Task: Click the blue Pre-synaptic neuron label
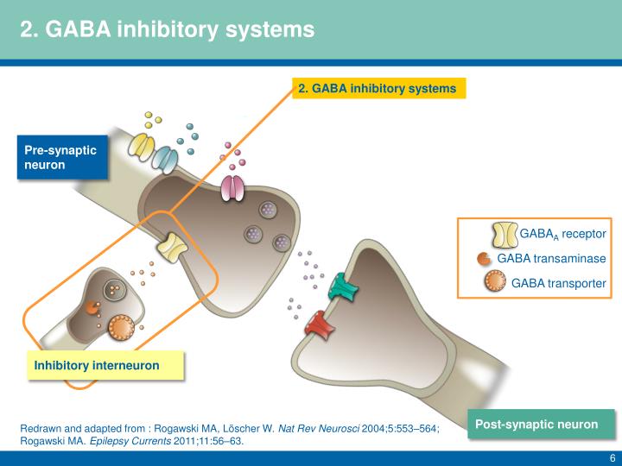pos(62,157)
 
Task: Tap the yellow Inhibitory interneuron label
pos(105,365)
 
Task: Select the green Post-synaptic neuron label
pos(541,425)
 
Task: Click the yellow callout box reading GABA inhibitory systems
pos(379,88)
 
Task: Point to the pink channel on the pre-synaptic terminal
pos(233,188)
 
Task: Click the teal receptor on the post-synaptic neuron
pos(343,287)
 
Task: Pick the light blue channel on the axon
pos(165,160)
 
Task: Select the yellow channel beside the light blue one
pos(141,147)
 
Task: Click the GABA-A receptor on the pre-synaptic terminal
pos(172,248)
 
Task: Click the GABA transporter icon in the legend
pos(495,280)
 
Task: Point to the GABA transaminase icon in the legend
pos(484,259)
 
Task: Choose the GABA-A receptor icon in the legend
pos(505,235)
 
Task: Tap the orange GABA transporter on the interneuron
pos(122,327)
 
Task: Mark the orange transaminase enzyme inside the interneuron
pos(92,307)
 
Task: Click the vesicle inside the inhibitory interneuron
pos(115,290)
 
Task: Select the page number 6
pos(612,457)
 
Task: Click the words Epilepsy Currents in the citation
pos(130,441)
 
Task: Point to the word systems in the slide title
pos(270,29)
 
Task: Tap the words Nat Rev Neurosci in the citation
pos(319,428)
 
